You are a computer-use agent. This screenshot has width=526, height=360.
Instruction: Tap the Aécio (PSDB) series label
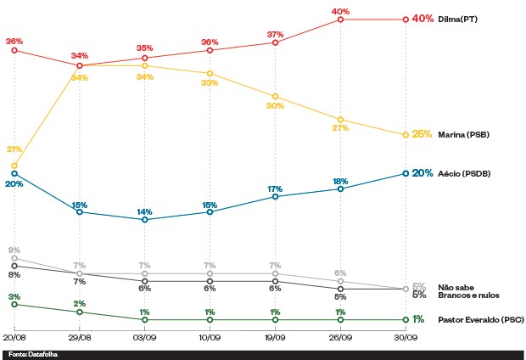(464, 173)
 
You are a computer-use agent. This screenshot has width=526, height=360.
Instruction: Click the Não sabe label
(455, 286)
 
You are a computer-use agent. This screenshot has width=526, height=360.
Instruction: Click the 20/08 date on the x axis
(14, 336)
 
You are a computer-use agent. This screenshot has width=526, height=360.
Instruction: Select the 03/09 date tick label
(144, 336)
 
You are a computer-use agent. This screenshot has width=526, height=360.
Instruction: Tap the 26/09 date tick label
(340, 336)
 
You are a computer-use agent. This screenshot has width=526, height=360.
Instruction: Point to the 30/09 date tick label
(406, 336)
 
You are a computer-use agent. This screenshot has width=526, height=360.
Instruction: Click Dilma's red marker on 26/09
(340, 19)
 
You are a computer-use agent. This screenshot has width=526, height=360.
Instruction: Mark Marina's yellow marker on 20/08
(14, 166)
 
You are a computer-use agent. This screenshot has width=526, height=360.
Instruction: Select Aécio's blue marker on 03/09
(145, 219)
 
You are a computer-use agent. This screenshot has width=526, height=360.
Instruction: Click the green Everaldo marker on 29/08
(80, 312)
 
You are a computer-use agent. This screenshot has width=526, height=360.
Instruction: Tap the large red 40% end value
(422, 19)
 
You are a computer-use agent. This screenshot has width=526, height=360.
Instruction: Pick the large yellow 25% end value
(422, 134)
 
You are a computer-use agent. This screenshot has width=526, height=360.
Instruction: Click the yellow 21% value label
(14, 149)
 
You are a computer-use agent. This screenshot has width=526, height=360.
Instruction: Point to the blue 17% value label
(275, 188)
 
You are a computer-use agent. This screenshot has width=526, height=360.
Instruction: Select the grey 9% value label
(14, 250)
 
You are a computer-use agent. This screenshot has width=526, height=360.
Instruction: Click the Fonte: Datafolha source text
(28, 353)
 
